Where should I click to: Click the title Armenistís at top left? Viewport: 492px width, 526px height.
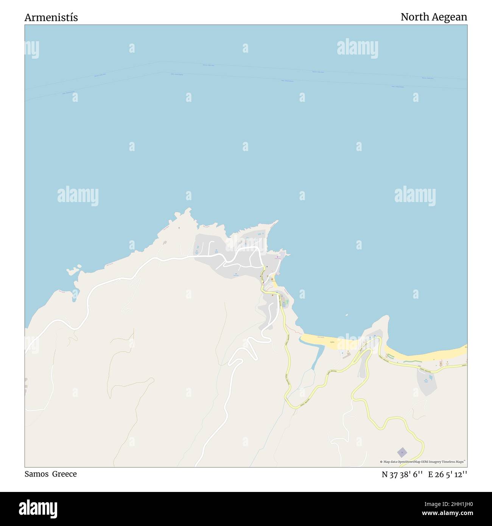[51, 17]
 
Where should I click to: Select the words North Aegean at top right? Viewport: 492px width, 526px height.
[434, 17]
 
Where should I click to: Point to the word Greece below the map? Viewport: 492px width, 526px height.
[64, 474]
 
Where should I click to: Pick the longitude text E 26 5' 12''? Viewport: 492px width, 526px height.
[448, 474]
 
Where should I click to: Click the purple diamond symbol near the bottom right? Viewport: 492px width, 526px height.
[402, 452]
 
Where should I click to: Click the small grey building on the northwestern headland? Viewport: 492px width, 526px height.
[164, 243]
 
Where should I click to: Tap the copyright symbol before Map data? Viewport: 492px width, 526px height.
[381, 462]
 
